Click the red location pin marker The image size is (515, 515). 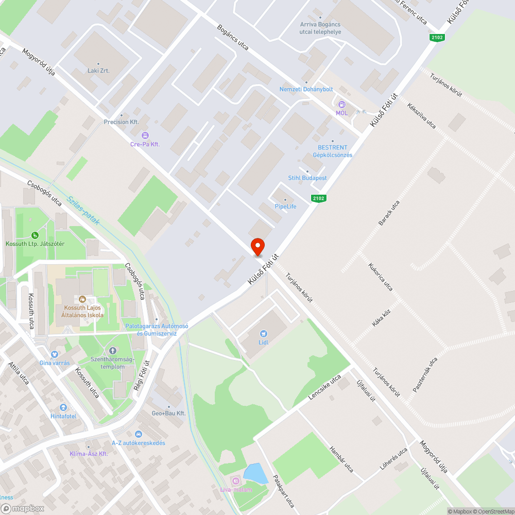click(257, 247)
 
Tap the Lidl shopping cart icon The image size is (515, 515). click(264, 334)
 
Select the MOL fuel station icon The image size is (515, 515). click(341, 105)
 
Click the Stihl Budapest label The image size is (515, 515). click(307, 178)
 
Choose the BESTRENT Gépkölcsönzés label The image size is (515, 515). click(333, 151)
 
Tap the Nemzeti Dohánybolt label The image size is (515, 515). click(306, 89)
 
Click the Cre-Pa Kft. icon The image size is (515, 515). click(145, 135)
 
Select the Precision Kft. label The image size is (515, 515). click(122, 122)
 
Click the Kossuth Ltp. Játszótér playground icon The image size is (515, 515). click(35, 235)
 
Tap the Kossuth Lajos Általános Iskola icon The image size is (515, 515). click(82, 299)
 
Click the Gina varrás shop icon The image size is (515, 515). click(55, 354)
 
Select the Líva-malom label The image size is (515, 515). click(235, 489)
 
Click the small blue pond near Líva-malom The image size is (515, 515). click(255, 473)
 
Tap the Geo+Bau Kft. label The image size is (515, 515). click(168, 414)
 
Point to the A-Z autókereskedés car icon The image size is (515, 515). click(139, 434)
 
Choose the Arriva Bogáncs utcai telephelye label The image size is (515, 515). click(320, 28)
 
